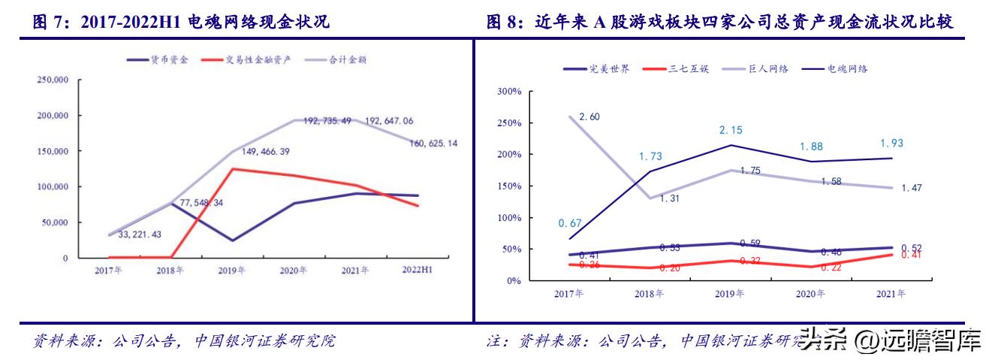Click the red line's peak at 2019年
[233, 168]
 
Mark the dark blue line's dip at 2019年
[233, 240]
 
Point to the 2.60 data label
[589, 116]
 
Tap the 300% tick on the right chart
[511, 92]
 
